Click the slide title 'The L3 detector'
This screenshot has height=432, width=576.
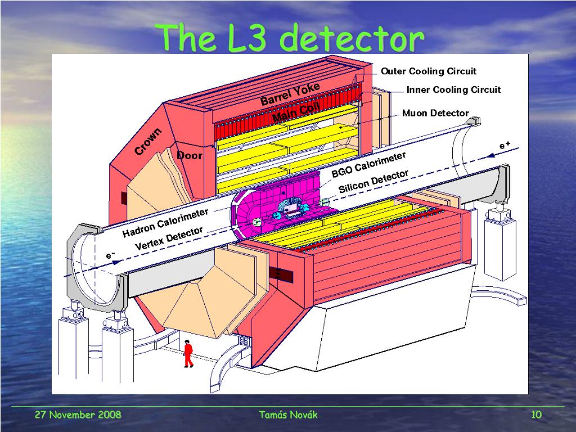pos(291,39)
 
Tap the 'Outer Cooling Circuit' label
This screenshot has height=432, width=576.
pos(429,71)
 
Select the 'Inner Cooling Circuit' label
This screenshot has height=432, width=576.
pos(453,90)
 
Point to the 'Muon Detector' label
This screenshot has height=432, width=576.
pos(435,113)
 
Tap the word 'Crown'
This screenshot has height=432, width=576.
pos(148,141)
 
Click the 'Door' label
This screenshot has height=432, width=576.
pos(190,156)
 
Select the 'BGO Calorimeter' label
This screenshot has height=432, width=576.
pos(368,164)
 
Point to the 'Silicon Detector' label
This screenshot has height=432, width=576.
pos(373,182)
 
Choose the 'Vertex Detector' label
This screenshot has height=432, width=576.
pos(169,239)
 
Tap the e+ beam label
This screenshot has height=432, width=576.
pos(505,146)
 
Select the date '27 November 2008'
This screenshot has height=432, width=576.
pos(78,415)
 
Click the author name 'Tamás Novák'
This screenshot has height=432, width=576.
pos(288,415)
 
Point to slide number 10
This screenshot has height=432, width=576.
pos(536,415)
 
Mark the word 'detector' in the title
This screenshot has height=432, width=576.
pos(352,39)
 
